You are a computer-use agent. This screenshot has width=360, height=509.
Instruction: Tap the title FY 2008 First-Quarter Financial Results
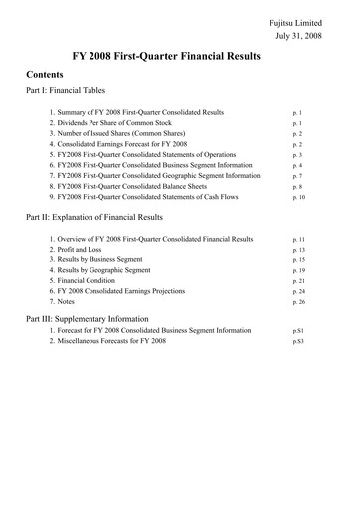[x=180, y=57]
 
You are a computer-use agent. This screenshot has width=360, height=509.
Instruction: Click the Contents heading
[x=46, y=75]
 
